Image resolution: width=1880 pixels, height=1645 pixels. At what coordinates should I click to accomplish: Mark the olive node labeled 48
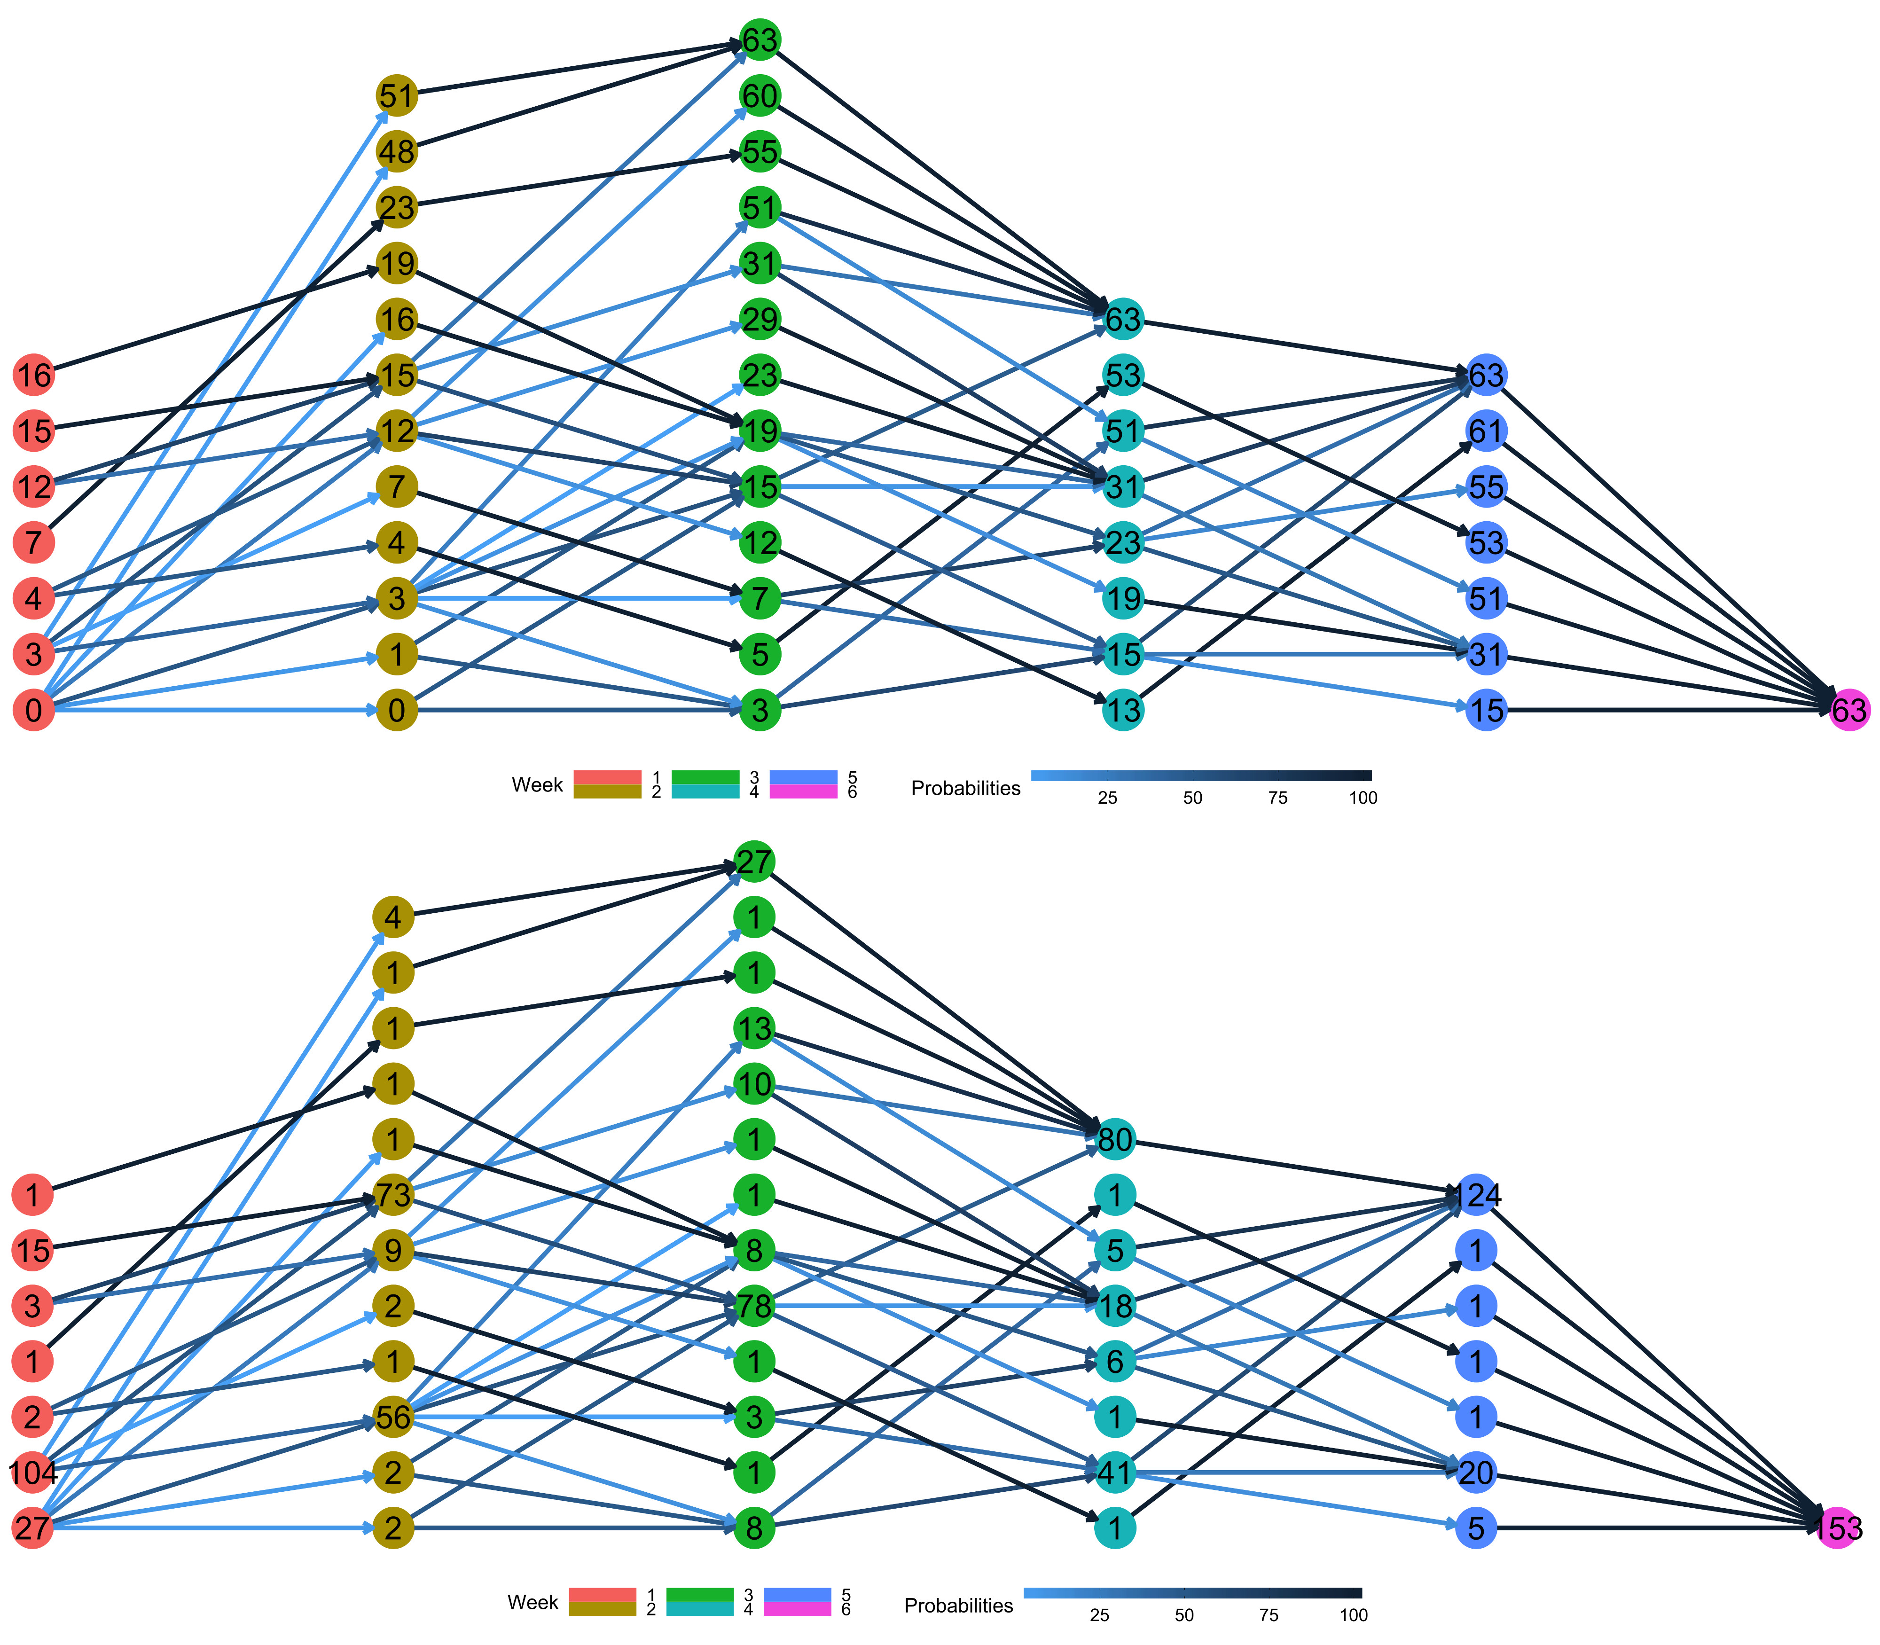click(397, 151)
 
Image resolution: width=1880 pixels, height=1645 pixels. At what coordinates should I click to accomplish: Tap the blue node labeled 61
click(1486, 431)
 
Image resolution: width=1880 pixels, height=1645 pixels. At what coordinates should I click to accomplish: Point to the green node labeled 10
click(754, 1084)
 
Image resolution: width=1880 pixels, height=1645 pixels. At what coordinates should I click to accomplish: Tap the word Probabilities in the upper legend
click(966, 789)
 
